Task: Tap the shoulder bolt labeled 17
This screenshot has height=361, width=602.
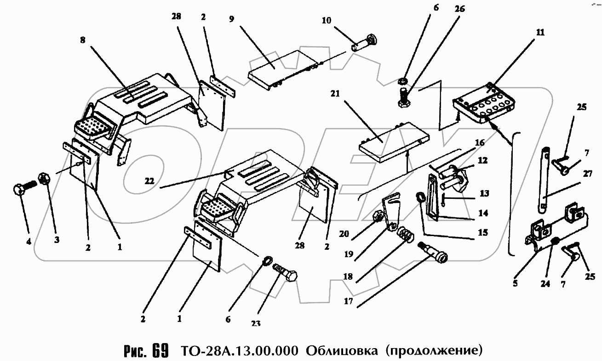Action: point(434,254)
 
